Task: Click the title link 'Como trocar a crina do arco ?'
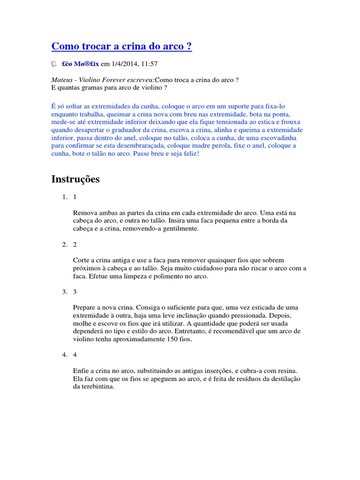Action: [x=121, y=46]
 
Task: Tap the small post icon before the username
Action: [x=54, y=63]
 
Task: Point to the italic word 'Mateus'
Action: [x=62, y=80]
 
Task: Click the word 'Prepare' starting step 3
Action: [x=85, y=307]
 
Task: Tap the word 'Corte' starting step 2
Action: [x=82, y=260]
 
